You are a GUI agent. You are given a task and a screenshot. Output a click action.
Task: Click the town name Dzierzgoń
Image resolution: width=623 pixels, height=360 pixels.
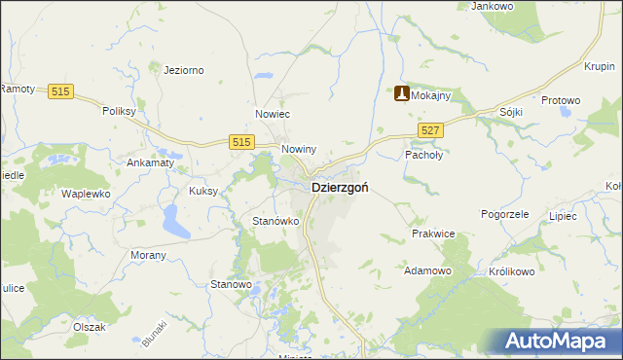point(339,188)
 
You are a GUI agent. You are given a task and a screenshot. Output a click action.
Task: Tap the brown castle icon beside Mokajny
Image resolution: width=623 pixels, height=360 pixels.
point(401,94)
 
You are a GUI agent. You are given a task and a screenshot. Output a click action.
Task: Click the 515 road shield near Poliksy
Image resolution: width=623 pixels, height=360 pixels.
point(61,90)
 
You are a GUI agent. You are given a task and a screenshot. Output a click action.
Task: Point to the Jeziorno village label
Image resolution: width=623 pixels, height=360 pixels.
point(183,70)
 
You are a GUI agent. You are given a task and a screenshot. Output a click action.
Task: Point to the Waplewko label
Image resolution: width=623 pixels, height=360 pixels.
point(84,194)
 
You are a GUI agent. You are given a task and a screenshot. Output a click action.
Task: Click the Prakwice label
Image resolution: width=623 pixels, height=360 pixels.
point(433,234)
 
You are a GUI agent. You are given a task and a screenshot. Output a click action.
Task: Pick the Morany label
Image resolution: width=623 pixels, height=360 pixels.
point(148,255)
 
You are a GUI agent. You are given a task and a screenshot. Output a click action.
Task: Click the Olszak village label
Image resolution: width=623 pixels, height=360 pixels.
point(88,327)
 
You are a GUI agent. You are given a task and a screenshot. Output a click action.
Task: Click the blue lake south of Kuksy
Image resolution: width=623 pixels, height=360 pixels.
point(176,223)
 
